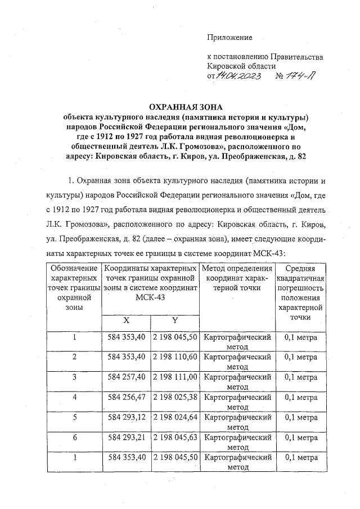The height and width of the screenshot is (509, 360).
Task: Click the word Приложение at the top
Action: (x=230, y=38)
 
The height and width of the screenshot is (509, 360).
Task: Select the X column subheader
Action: (x=126, y=320)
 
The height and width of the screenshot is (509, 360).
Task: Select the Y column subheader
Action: (x=175, y=320)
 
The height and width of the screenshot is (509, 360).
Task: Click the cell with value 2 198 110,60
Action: (x=175, y=357)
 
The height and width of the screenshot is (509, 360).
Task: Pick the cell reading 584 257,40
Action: (x=126, y=377)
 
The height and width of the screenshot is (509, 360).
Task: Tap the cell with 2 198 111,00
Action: (x=175, y=377)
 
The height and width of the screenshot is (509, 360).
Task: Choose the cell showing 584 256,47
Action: (x=126, y=397)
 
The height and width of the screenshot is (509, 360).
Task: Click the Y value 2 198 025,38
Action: (x=175, y=397)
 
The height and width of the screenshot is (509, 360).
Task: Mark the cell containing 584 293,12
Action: (x=126, y=417)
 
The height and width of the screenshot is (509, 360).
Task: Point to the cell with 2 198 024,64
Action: (x=175, y=417)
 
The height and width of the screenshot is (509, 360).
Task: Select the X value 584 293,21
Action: (x=126, y=437)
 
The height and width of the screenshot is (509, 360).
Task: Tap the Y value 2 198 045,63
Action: (x=175, y=437)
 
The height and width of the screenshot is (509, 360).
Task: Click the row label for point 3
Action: (x=74, y=377)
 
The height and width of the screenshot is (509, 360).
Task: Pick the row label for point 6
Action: (x=74, y=437)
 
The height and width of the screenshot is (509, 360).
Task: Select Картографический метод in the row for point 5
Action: (x=237, y=422)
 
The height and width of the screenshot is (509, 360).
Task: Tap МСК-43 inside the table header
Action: (x=150, y=297)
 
